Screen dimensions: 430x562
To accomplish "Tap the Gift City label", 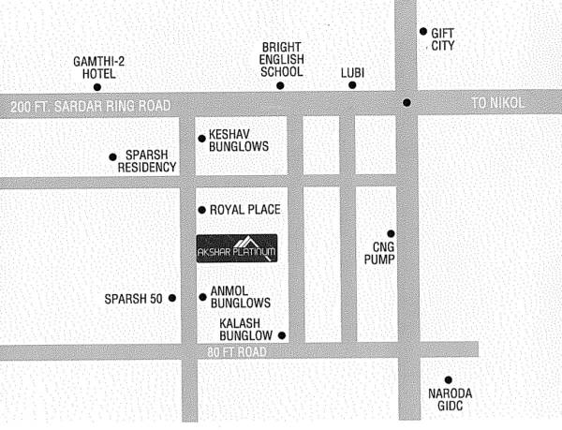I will click(x=442, y=37).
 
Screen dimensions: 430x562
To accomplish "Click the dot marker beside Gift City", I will click(x=423, y=31).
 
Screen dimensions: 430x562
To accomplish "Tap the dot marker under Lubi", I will click(x=353, y=85).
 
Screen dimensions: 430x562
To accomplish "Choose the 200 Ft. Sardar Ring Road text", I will click(x=91, y=106).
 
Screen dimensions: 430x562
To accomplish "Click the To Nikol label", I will click(x=498, y=103).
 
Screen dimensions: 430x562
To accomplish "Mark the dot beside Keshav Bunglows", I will click(x=201, y=139).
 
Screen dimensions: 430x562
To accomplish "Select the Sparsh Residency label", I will click(x=147, y=161).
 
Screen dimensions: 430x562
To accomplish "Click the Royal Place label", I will click(x=245, y=209).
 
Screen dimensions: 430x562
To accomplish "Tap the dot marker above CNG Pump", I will click(x=391, y=233).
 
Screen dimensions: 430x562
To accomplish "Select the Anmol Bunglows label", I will click(x=242, y=297).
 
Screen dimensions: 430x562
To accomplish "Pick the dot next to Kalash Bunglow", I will click(x=282, y=335).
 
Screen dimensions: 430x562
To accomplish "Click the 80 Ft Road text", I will click(x=240, y=351).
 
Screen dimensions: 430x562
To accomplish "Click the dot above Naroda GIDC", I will click(x=448, y=379).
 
